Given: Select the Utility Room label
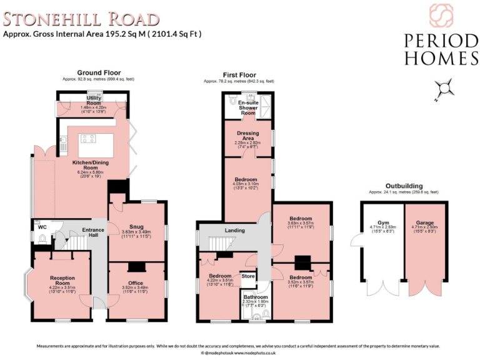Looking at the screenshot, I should [x=94, y=100].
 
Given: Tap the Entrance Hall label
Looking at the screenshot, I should [x=94, y=232].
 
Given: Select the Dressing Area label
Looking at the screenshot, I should [x=248, y=136].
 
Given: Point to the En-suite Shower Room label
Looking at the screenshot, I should [x=248, y=107].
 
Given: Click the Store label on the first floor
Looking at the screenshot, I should [x=249, y=275].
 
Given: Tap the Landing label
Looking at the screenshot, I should [x=235, y=231].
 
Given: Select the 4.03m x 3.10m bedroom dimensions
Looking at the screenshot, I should [x=246, y=184].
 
